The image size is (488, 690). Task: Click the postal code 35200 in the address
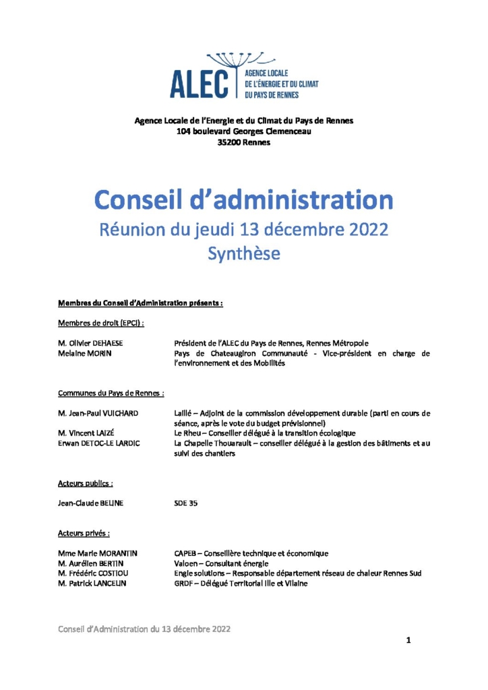coord(231,142)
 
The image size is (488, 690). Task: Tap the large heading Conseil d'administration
coord(243,199)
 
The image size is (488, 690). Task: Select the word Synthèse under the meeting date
coord(243,253)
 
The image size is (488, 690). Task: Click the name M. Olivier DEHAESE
coord(91,343)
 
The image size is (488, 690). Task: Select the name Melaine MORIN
coord(85,353)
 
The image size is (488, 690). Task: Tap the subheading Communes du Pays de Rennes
coord(111,392)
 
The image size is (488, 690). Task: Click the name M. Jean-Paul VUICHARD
coord(98,412)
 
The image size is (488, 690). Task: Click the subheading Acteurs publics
coord(85,482)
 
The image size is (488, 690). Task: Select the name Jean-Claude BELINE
coord(91,503)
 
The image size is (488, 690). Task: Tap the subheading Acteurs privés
coord(84,533)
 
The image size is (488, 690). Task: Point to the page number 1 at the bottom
coord(408,639)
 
